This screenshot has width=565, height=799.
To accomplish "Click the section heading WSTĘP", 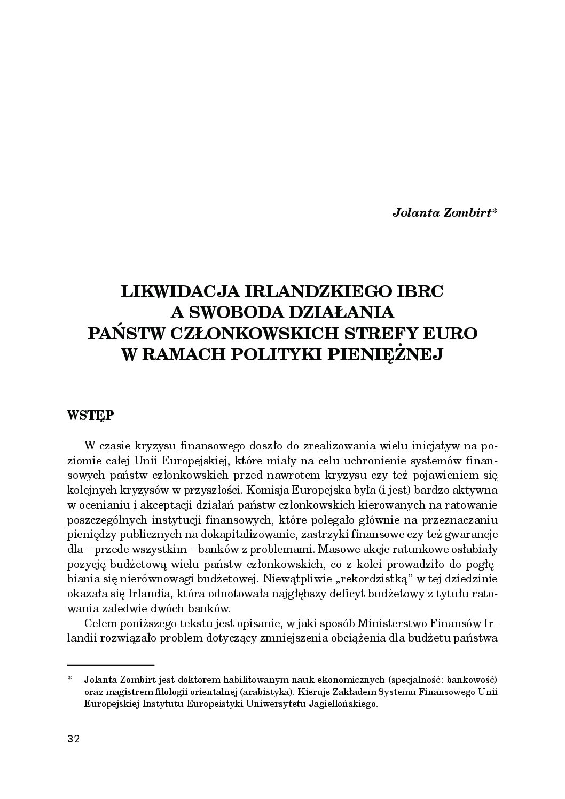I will click(x=90, y=415).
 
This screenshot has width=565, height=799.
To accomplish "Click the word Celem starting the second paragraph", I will click(x=100, y=623).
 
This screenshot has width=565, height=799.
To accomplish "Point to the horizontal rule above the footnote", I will click(x=111, y=665).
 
